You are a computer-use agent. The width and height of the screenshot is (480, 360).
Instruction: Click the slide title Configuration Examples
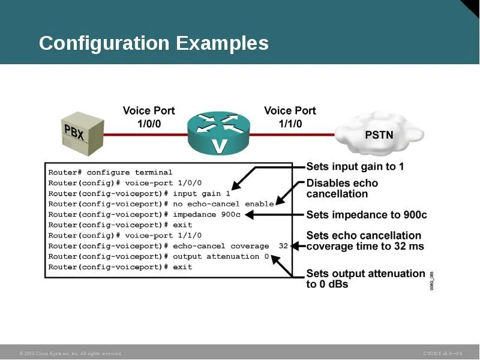[154, 43]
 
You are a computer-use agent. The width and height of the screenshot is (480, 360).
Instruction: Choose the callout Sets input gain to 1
[355, 167]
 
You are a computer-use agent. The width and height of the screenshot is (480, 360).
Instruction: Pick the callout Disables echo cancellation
[342, 188]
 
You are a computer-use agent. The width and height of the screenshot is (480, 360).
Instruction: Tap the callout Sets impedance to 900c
[367, 215]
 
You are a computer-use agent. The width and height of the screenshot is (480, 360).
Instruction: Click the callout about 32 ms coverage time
[365, 241]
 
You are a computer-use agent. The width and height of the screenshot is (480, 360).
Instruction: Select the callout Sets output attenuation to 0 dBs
[365, 278]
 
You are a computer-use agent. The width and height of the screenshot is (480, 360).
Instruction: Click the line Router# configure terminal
[110, 173]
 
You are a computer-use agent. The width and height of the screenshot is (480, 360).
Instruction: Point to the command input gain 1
[202, 194]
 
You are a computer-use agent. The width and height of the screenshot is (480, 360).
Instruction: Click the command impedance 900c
[206, 214]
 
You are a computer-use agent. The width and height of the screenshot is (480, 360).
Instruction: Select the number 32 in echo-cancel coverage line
[284, 246]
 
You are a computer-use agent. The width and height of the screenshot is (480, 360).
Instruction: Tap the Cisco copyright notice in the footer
[71, 353]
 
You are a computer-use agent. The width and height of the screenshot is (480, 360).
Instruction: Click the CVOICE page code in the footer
[442, 353]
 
